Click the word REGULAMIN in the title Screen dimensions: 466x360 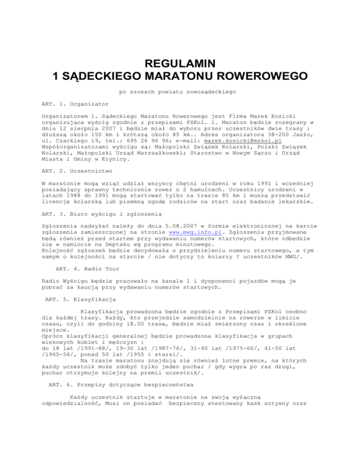[180, 61]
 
